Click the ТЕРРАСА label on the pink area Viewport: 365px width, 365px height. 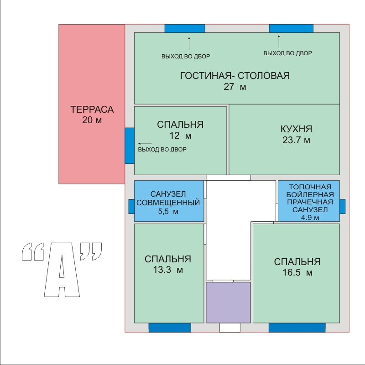pos(92,109)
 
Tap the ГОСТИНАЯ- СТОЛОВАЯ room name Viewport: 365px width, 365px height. pos(235,76)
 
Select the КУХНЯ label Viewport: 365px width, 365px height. pos(296,129)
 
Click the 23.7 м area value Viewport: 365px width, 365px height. pos(296,140)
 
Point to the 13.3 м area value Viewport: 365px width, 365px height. pos(168,270)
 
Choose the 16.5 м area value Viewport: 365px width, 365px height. pos(297,272)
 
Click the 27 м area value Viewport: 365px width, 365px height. pos(235,87)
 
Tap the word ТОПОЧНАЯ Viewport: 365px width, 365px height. pos(310,187)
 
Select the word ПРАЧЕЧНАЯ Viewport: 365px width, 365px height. pos(310,202)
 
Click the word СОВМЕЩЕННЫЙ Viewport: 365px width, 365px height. pos(168,203)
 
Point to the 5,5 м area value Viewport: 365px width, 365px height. pos(168,212)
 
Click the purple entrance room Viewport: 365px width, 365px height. pos(229,302)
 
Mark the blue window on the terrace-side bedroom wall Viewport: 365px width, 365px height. pos(130,146)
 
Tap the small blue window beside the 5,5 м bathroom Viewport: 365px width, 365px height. pos(131,206)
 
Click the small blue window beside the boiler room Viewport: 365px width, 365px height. pos(343,206)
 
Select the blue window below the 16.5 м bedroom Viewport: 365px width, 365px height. pos(297,328)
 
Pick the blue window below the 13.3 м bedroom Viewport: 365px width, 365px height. pos(170,328)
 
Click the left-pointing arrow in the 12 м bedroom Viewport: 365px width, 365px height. pos(145,144)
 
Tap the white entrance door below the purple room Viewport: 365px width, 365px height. pos(230,328)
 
